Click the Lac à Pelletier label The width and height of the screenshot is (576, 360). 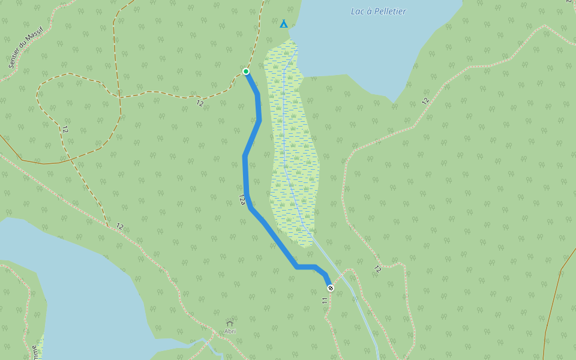(378, 11)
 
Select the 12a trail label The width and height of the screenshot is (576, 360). (242, 199)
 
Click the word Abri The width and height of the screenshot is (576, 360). (230, 331)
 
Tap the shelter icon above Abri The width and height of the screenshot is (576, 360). (230, 323)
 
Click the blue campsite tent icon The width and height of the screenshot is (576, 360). (284, 24)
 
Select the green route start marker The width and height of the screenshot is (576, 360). (246, 71)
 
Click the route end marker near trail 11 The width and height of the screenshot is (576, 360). (331, 288)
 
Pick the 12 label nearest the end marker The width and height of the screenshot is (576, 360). (377, 269)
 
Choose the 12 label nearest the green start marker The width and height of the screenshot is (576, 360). (200, 103)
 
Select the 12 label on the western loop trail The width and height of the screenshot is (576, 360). (64, 129)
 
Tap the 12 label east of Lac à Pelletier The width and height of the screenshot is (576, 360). (425, 101)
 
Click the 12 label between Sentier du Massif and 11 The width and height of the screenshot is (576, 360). (120, 226)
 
